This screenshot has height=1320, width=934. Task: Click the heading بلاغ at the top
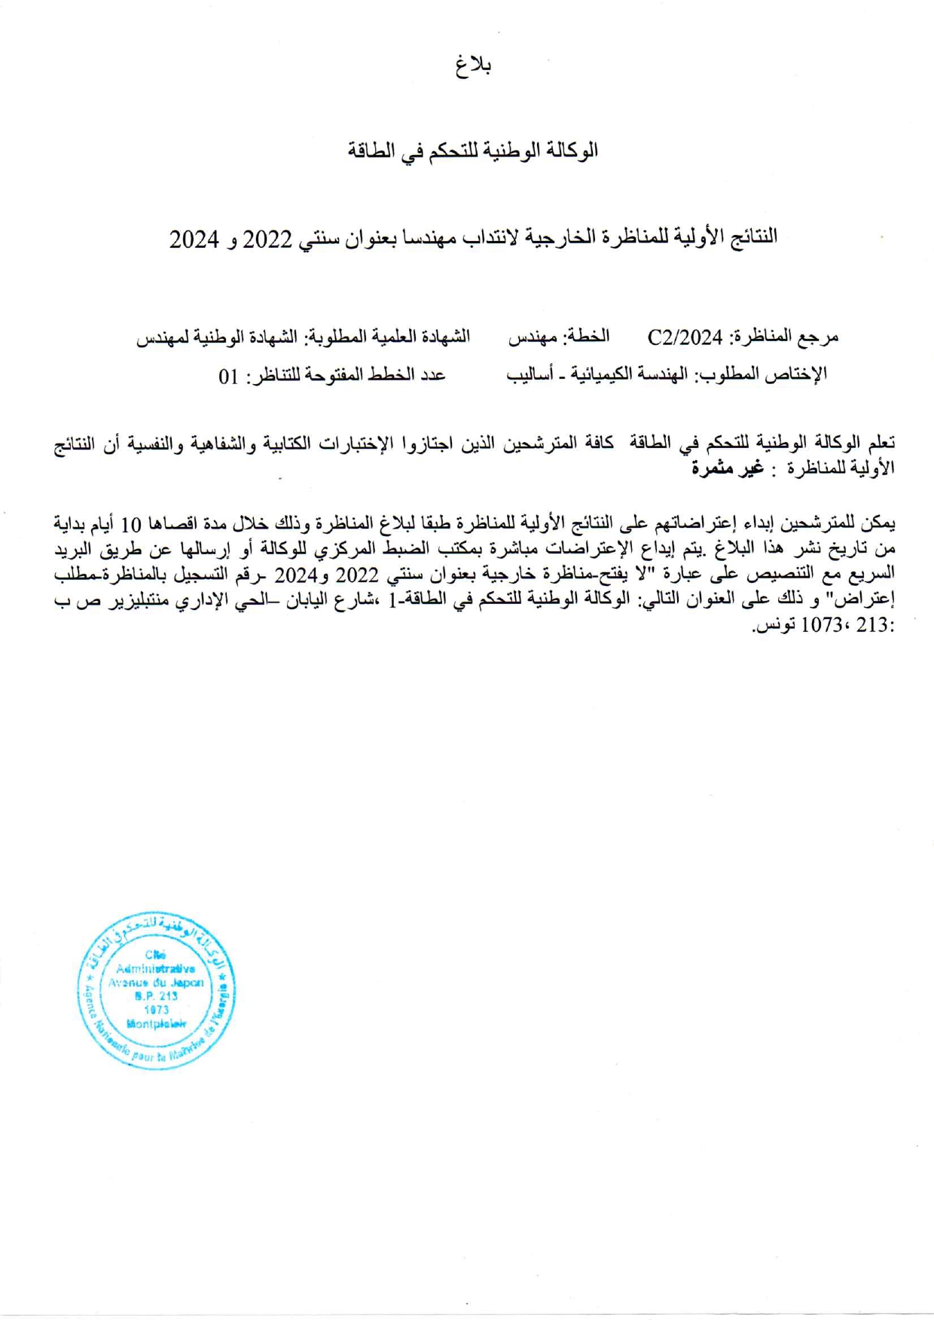pyautogui.click(x=473, y=66)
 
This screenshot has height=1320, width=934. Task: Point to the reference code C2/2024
pyautogui.click(x=685, y=337)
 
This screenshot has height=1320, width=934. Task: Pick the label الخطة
pyautogui.click(x=587, y=337)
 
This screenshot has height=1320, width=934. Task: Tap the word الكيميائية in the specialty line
pyautogui.click(x=601, y=374)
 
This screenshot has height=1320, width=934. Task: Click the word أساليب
pyautogui.click(x=531, y=374)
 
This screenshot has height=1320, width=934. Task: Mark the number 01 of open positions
pyautogui.click(x=229, y=375)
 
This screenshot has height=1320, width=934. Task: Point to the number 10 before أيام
pyautogui.click(x=658, y=523)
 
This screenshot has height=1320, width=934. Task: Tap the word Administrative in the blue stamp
pyautogui.click(x=156, y=969)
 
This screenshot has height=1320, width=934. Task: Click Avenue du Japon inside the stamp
pyautogui.click(x=156, y=983)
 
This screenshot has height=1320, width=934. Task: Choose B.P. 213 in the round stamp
pyautogui.click(x=156, y=996)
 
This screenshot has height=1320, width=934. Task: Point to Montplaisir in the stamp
pyautogui.click(x=156, y=1024)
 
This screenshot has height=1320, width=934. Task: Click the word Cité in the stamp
pyautogui.click(x=155, y=955)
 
